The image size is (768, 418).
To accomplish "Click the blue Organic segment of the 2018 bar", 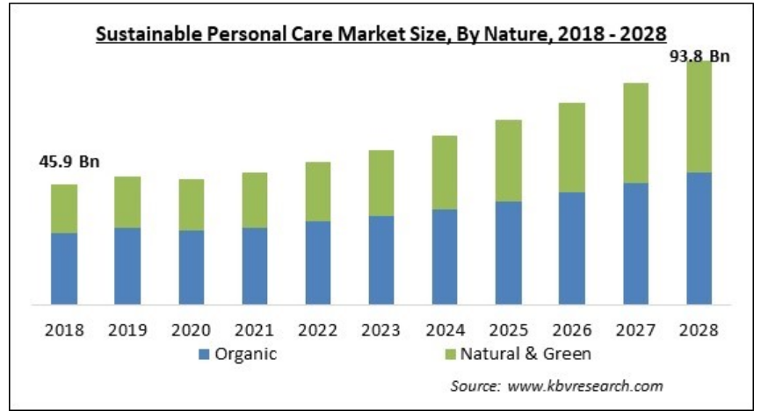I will coord(64,268).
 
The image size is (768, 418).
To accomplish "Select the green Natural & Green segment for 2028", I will coord(699,117).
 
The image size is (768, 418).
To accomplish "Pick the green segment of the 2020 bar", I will coord(192,205).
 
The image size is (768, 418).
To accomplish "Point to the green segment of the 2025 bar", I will coord(508,161).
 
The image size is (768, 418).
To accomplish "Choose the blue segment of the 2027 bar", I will coord(635,243).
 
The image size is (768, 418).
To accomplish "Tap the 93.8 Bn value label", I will coord(699,56).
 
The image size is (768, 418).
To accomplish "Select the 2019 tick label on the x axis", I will coord(128,331).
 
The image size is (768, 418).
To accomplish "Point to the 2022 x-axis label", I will coord(318,331).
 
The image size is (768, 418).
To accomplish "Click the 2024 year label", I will coord(445,331).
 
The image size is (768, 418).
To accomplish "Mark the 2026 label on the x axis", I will coord(572,331).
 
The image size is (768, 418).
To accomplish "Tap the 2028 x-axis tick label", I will coord(699,331).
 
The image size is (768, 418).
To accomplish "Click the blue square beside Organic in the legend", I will coord(204,355).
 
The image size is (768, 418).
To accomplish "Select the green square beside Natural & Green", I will coord(450,355).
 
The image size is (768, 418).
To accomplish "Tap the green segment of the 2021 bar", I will coord(255,200).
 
